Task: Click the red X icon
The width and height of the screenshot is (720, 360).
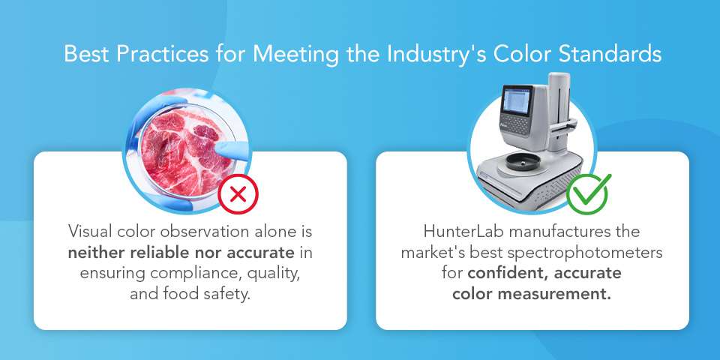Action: tap(238, 194)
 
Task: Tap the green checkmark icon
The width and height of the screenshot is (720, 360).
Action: tap(588, 193)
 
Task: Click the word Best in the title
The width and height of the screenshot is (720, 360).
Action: tap(82, 55)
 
